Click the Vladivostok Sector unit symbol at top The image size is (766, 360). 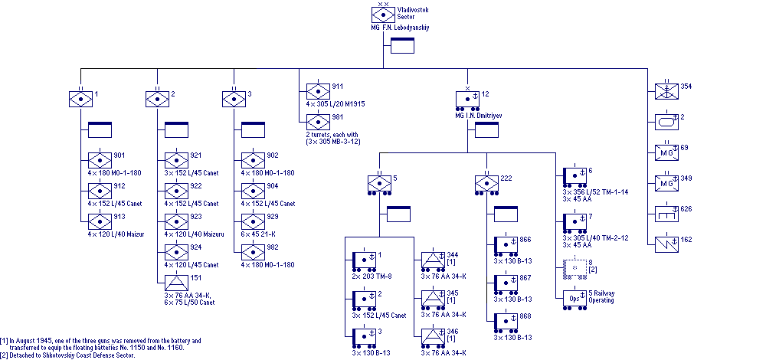click(383, 14)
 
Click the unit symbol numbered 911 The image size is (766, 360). click(318, 90)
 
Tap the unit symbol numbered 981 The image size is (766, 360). click(318, 121)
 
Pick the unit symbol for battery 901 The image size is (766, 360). click(100, 160)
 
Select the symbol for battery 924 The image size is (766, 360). click(176, 252)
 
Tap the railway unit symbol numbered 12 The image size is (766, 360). click(467, 99)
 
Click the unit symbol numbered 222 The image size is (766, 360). click(487, 184)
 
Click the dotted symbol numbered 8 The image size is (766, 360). click(574, 267)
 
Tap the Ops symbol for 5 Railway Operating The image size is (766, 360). click(574, 297)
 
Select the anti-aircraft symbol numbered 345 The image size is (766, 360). click(433, 297)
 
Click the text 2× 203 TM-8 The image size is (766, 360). click(373, 277)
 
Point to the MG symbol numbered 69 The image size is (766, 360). click(666, 151)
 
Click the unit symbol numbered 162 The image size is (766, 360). click(666, 244)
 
